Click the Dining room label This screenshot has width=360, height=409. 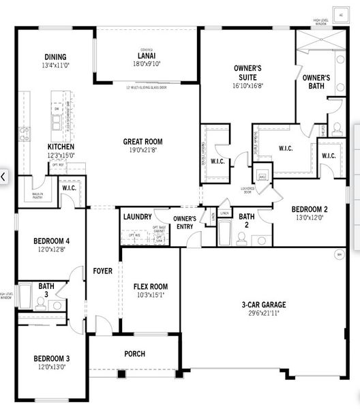(54, 57)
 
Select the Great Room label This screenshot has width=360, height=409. (142, 142)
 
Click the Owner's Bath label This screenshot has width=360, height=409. (316, 82)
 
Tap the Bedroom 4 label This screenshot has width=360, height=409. (52, 241)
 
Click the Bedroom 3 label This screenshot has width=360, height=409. (51, 359)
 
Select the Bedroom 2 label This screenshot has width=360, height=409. (310, 209)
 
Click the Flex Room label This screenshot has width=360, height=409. (151, 286)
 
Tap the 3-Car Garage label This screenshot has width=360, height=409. (264, 304)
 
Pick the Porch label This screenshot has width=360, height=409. (134, 354)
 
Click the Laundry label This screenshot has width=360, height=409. (137, 217)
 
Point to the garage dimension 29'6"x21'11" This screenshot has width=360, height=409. (264, 312)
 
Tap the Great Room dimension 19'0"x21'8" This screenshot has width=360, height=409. (142, 151)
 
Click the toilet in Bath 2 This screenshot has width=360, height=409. (241, 238)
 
